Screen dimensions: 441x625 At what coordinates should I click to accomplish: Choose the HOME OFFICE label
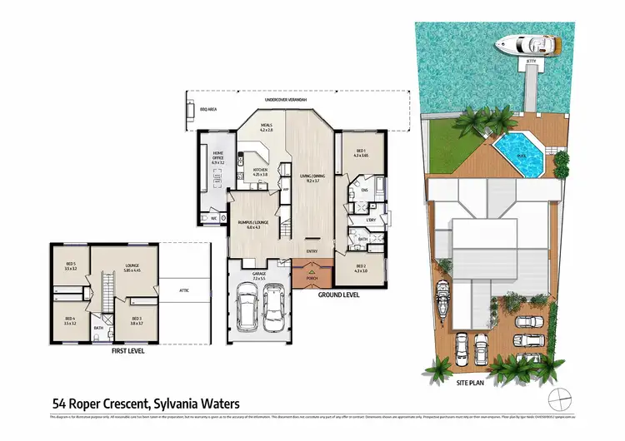pyautogui.click(x=218, y=156)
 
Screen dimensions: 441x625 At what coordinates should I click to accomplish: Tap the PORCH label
pyautogui.click(x=312, y=278)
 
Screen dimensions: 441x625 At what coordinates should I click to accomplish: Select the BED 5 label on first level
pyautogui.click(x=70, y=266)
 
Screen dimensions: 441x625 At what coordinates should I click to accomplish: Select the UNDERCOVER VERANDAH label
pyautogui.click(x=286, y=100)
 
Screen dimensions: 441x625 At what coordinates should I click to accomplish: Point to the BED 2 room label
pyautogui.click(x=360, y=270)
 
